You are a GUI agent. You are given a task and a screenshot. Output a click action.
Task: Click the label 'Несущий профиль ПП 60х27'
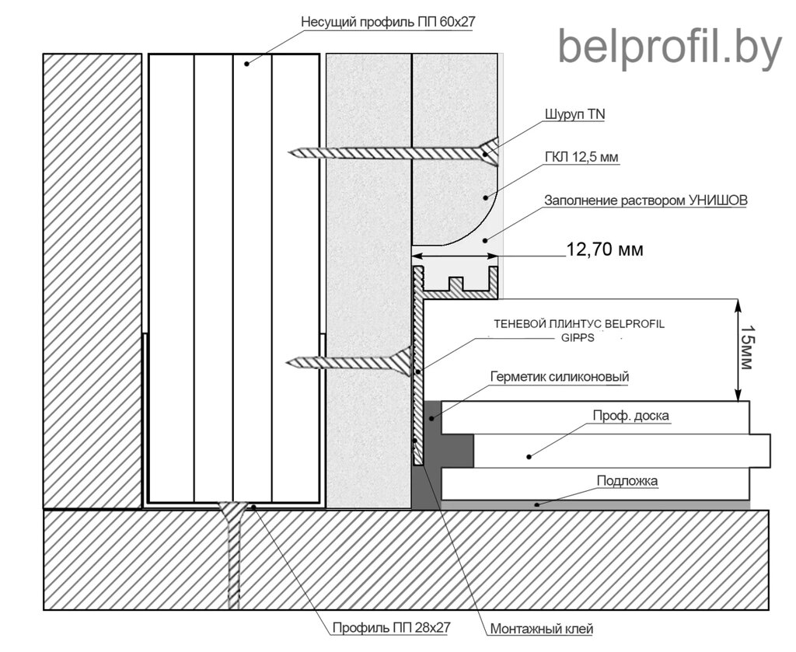[389, 23]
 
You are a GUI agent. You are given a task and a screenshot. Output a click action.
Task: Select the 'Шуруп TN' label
[575, 114]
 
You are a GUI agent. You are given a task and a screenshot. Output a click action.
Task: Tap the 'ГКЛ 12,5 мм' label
[581, 157]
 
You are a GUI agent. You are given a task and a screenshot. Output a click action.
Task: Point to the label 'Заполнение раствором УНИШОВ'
[646, 200]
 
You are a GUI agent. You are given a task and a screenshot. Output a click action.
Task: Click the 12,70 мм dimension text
[605, 249]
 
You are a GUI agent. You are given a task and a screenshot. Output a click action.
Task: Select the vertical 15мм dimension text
[745, 347]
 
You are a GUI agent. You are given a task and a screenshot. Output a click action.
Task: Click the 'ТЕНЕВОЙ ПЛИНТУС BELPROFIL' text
[578, 324]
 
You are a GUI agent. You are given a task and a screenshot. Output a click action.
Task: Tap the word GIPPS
[578, 337]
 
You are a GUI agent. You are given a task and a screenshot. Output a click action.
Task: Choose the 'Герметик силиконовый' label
[560, 376]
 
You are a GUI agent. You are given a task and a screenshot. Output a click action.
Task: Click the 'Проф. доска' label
[631, 415]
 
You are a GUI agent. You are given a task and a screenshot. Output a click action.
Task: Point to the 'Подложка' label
[627, 480]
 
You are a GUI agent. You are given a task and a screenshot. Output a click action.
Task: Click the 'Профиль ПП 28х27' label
[392, 627]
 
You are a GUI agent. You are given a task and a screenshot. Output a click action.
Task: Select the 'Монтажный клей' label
[542, 629]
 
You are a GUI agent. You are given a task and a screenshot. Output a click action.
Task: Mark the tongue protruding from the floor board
[760, 450]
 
